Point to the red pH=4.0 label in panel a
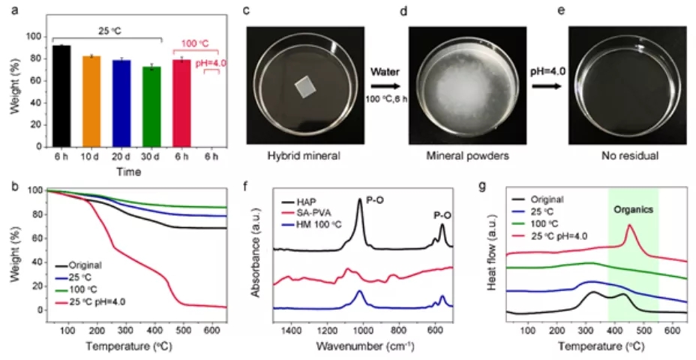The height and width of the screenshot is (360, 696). (x=211, y=64)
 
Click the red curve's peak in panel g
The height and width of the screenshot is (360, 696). (x=629, y=225)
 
